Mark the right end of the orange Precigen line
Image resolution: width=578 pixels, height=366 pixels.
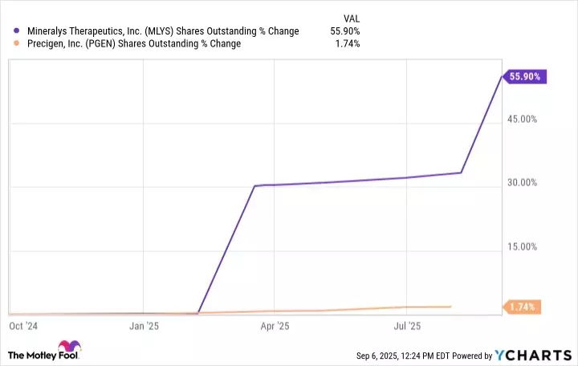(x=450, y=307)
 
